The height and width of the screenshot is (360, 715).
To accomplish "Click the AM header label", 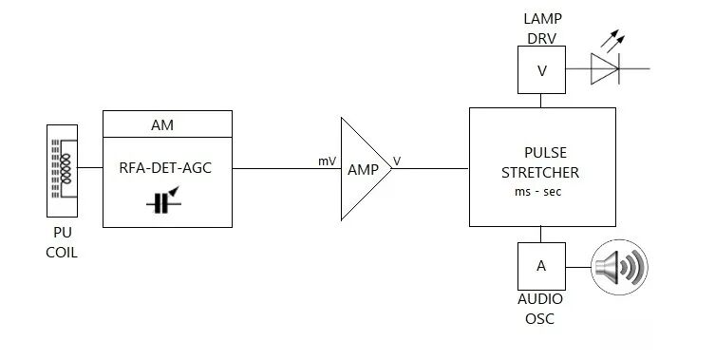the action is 162,125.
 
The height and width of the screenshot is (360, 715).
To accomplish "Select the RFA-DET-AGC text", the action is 165,168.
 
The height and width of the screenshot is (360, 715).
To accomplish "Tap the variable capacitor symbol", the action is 163,200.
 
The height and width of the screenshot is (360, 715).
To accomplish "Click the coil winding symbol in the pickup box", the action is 66,169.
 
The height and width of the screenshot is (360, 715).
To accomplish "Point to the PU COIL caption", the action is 62,242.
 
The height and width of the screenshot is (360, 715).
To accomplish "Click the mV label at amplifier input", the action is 327,161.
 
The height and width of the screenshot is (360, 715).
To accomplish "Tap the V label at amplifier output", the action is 397,161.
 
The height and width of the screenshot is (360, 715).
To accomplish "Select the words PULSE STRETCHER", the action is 540,162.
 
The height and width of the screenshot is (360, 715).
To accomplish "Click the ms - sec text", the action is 538,192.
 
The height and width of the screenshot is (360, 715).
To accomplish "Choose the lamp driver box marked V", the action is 542,69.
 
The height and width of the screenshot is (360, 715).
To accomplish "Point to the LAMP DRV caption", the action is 542,28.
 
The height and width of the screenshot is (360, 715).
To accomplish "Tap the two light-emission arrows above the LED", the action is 612,40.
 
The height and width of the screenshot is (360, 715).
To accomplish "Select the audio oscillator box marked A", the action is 542,267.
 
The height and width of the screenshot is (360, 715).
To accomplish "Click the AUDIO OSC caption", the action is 540,309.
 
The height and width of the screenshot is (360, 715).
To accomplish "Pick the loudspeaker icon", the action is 619,267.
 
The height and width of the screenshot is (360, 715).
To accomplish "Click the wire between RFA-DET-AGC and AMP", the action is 287,168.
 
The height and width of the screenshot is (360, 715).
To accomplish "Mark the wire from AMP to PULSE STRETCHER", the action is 430,168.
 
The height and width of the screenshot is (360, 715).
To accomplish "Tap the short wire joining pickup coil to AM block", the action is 90,167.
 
